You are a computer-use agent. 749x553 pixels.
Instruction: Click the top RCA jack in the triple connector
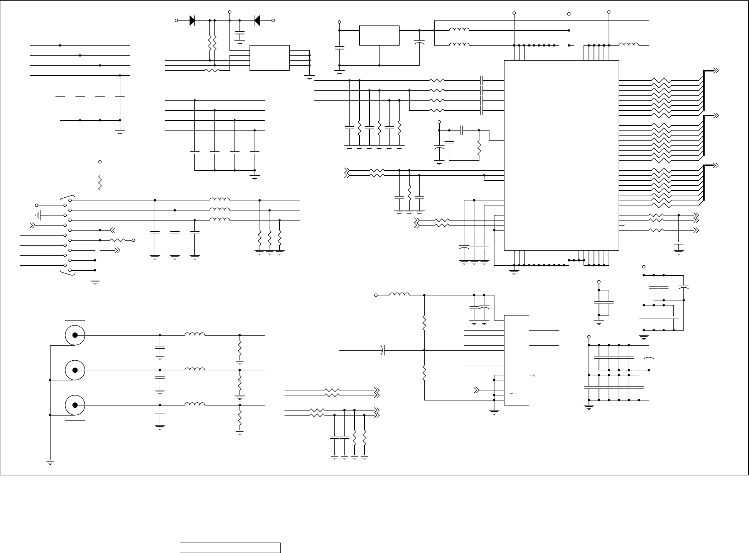[75, 335]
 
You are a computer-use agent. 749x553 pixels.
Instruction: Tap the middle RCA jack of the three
[75, 370]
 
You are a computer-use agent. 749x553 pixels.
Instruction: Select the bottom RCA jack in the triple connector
[75, 405]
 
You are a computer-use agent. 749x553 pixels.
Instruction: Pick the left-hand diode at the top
[192, 20]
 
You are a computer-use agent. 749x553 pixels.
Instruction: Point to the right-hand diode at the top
[257, 20]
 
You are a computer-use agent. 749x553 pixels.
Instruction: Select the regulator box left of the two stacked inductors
[379, 36]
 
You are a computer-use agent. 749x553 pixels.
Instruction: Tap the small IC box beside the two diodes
[269, 58]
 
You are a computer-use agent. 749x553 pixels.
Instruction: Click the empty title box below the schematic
[230, 548]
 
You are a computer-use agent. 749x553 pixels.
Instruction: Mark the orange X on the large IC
[624, 225]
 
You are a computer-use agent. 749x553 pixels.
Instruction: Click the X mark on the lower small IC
[534, 375]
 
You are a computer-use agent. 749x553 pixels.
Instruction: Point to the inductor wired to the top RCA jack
[195, 334]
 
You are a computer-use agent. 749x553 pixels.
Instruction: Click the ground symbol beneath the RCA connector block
[50, 461]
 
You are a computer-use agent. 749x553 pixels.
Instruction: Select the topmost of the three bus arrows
[716, 71]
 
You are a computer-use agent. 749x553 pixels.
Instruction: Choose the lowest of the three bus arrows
[716, 165]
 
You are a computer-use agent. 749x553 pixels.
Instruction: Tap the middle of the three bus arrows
[716, 115]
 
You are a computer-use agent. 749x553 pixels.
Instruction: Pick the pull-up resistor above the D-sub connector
[100, 183]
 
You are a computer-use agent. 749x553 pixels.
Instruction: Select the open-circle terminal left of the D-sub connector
[37, 205]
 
